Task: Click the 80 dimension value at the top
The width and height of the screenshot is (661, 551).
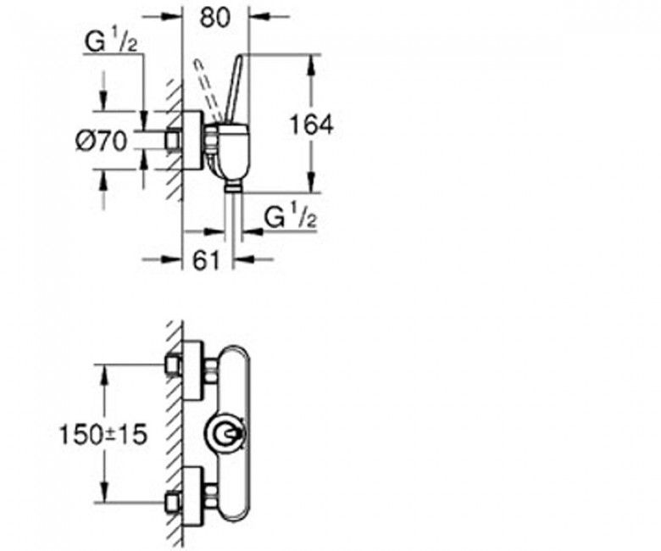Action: [215, 18]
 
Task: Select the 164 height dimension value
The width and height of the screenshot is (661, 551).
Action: [312, 125]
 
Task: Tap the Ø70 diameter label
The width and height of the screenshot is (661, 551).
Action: [101, 141]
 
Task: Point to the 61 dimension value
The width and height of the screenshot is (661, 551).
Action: [207, 260]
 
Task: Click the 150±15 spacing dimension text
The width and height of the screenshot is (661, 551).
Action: [103, 434]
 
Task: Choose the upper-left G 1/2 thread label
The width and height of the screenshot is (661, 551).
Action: [111, 42]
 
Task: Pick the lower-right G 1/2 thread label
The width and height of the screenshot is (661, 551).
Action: [291, 219]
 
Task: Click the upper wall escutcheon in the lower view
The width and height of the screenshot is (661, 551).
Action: [193, 371]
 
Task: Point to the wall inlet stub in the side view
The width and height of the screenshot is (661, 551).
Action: [173, 140]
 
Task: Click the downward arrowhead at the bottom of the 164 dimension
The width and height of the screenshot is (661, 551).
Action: [312, 181]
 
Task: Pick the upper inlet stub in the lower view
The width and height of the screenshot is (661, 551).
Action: [173, 365]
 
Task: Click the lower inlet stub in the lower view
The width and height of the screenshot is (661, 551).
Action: [173, 503]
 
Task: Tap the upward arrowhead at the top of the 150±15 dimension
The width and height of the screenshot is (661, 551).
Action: [104, 376]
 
